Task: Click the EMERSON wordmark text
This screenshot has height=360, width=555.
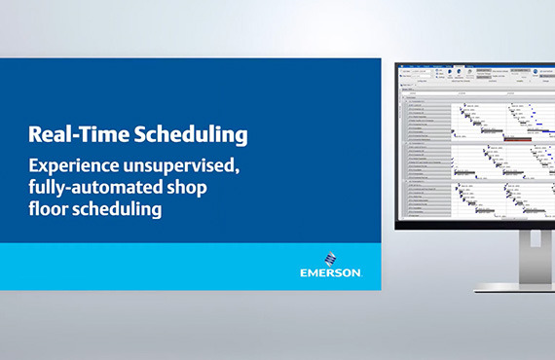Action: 331,272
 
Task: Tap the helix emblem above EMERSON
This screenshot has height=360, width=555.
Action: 331,260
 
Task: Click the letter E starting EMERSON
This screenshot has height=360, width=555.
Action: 304,272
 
